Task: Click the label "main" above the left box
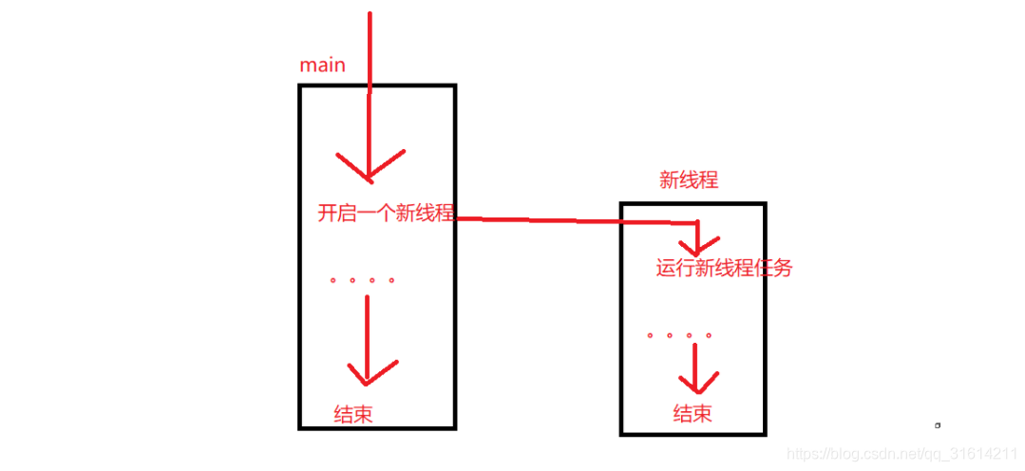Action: point(322,66)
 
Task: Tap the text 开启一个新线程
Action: point(386,214)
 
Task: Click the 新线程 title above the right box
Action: point(689,180)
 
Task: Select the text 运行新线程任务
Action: point(724,269)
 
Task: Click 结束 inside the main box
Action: point(352,414)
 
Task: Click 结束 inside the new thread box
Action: point(693,413)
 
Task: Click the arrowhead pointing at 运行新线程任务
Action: point(699,246)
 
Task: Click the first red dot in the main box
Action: point(332,280)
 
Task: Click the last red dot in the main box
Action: point(391,280)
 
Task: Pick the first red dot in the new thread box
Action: point(650,335)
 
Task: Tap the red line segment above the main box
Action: point(370,47)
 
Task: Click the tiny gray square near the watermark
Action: point(937,424)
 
